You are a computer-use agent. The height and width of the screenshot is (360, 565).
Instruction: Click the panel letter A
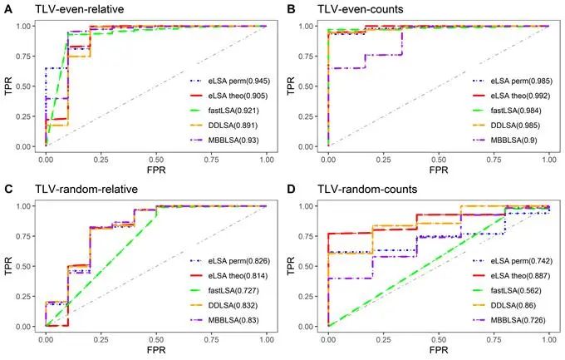click(x=7, y=8)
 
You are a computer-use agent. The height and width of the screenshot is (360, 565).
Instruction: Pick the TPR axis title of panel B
click(x=291, y=85)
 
